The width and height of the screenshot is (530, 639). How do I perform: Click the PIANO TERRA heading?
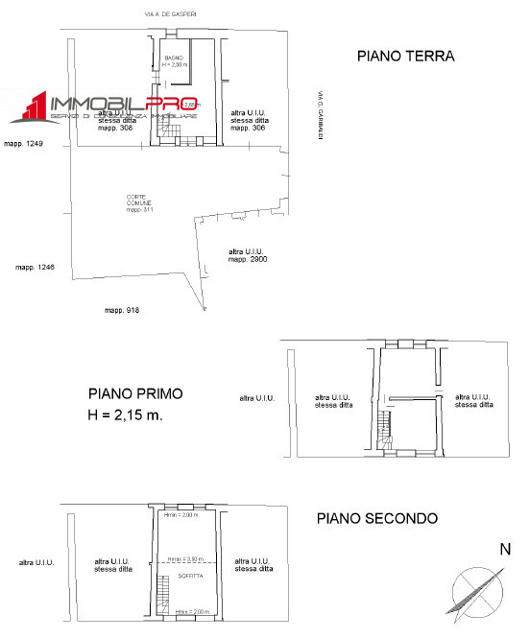(405, 57)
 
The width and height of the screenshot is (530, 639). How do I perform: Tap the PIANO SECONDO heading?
(377, 518)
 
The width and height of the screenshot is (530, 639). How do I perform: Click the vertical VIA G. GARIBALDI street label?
(316, 116)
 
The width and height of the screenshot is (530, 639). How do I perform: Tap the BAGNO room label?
(174, 58)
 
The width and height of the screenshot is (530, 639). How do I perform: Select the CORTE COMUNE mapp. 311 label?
(140, 203)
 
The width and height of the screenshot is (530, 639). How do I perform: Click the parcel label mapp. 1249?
(24, 144)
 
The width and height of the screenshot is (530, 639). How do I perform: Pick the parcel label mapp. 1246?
(35, 267)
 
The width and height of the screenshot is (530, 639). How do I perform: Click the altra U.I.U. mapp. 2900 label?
(247, 255)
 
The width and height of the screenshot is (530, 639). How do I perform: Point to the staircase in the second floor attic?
(164, 588)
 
